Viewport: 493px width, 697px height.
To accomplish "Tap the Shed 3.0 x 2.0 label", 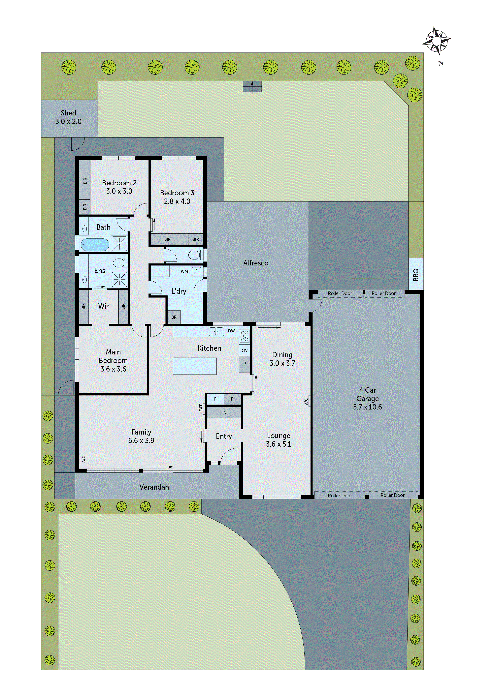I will pyautogui.click(x=68, y=117).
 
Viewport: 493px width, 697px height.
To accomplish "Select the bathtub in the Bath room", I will pyautogui.click(x=95, y=245).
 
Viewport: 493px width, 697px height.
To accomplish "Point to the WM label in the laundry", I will pyautogui.click(x=184, y=271).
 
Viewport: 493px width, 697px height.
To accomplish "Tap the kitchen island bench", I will pyautogui.click(x=195, y=366).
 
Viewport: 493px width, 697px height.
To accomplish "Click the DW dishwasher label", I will pyautogui.click(x=231, y=331).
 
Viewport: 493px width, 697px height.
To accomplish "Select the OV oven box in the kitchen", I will pyautogui.click(x=245, y=350).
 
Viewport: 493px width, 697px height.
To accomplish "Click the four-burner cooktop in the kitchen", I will pyautogui.click(x=245, y=336).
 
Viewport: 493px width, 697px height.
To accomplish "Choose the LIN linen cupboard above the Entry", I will pyautogui.click(x=223, y=412).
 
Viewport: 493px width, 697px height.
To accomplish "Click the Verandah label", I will pyautogui.click(x=154, y=487).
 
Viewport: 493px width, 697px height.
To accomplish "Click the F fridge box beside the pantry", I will pyautogui.click(x=215, y=399).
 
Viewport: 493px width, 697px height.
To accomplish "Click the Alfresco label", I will pyautogui.click(x=256, y=263).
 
